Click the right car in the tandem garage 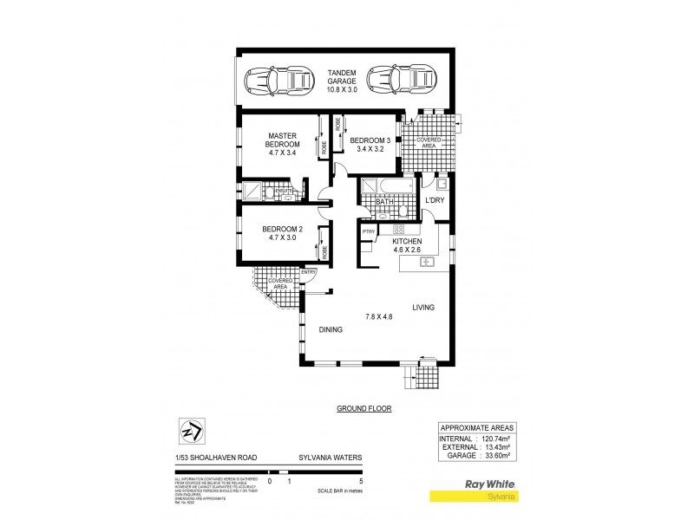[x=397, y=82]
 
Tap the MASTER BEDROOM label [x=283, y=140]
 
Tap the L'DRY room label [x=435, y=201]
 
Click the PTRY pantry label [x=368, y=232]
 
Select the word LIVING [x=423, y=308]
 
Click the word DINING [x=331, y=329]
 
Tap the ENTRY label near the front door [x=309, y=273]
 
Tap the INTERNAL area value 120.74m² [x=491, y=439]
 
